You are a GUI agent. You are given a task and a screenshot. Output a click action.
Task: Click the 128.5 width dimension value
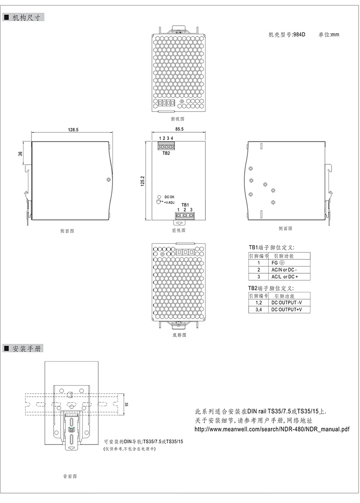click(x=73, y=130)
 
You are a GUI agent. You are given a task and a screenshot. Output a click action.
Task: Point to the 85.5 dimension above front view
click(x=180, y=129)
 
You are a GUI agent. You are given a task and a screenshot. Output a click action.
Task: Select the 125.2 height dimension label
click(x=143, y=181)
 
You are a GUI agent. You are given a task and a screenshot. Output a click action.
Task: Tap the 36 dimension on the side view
click(x=21, y=154)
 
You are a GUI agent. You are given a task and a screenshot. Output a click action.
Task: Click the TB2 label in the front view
click(x=166, y=153)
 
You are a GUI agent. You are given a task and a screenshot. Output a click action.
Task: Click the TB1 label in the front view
click(x=185, y=205)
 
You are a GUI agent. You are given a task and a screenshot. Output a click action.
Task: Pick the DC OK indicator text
click(x=169, y=197)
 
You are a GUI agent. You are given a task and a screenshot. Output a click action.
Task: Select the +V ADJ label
click(x=169, y=202)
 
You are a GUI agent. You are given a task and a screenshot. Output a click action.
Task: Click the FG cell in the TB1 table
click(x=278, y=263)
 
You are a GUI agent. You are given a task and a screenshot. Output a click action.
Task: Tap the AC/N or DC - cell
click(x=284, y=270)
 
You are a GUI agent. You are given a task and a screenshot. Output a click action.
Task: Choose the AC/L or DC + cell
click(x=284, y=277)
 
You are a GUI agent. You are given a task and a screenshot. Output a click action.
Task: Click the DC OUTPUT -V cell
click(x=287, y=302)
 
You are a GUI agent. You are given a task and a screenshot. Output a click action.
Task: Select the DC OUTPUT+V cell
click(x=287, y=310)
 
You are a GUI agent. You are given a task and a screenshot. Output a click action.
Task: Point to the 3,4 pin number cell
click(x=259, y=310)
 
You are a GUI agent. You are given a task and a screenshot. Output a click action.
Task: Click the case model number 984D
click(x=299, y=35)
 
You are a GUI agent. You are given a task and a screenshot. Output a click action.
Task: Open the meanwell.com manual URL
click(x=272, y=429)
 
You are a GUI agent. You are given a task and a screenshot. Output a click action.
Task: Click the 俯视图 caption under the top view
click(x=177, y=119)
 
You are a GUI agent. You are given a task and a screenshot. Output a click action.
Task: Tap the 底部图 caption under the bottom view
click(x=180, y=335)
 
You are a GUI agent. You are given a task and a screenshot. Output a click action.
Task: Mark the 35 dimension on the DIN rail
click(x=126, y=404)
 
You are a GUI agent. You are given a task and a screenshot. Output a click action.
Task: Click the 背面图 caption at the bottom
click(x=70, y=476)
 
